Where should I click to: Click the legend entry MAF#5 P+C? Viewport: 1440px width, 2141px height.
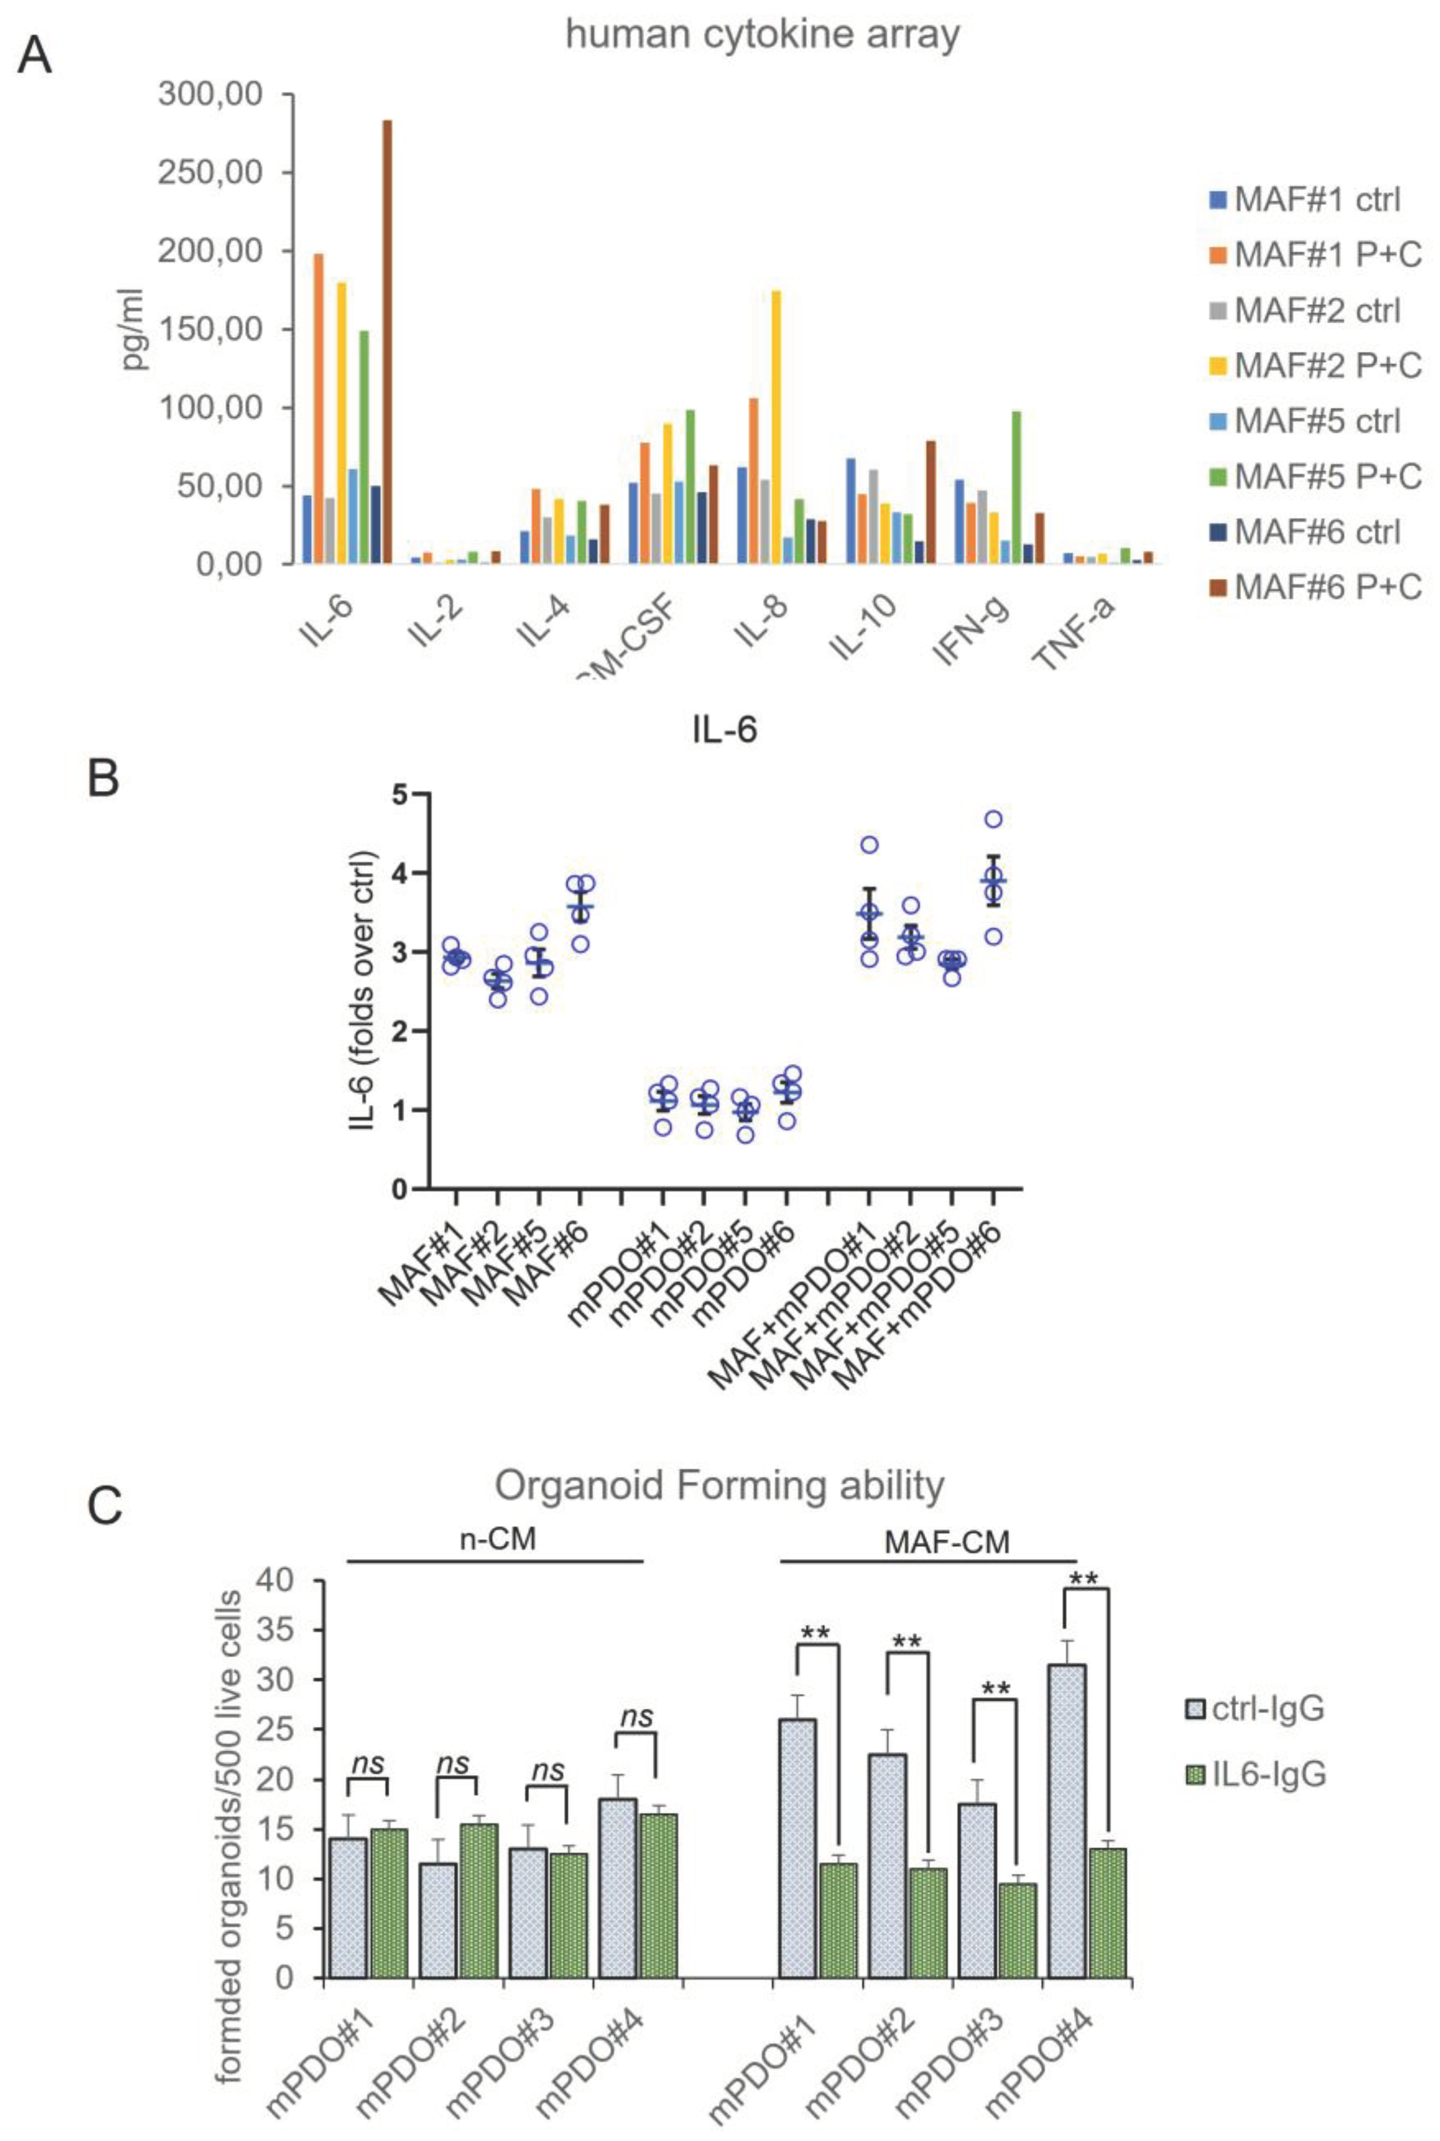tap(1315, 476)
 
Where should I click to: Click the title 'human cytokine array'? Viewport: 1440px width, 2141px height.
tap(762, 35)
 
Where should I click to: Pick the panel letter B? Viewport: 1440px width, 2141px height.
tap(103, 779)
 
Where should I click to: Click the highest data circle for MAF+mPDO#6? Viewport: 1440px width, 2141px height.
tap(993, 819)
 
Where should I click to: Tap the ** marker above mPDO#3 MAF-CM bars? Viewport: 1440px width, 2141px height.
tap(996, 1687)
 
